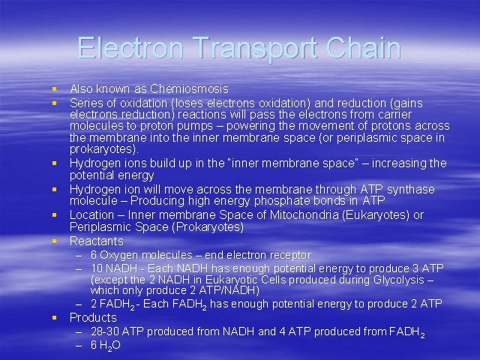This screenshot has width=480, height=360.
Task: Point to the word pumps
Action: pos(201,126)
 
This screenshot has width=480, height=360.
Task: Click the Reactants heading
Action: pos(97,241)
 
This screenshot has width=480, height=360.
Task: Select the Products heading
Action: pos(93,317)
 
